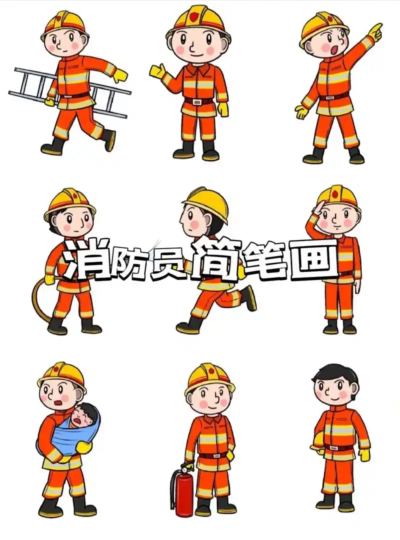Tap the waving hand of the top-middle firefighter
pos(157,70)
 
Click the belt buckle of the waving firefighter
pos(198,101)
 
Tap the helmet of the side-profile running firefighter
pos(208,200)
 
